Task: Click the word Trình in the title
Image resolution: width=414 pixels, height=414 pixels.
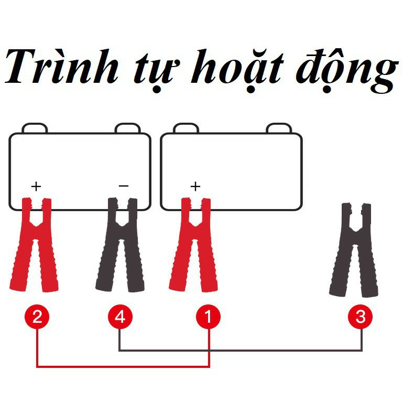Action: pyautogui.click(x=61, y=67)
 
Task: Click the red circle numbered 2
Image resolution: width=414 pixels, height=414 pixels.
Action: pyautogui.click(x=37, y=317)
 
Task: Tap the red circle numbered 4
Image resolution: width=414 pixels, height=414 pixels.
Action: pyautogui.click(x=120, y=317)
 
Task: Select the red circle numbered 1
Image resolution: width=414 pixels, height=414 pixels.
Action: pyautogui.click(x=209, y=317)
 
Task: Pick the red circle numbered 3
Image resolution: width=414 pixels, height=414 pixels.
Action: pyautogui.click(x=361, y=317)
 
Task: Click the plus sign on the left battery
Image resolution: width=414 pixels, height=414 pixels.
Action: pyautogui.click(x=36, y=187)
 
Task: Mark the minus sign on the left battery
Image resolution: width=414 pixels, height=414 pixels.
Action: pyautogui.click(x=124, y=186)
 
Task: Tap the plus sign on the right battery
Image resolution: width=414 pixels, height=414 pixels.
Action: pyautogui.click(x=195, y=187)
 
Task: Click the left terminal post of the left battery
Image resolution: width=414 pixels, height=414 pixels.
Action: pyautogui.click(x=35, y=128)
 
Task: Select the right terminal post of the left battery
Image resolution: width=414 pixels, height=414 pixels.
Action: pyautogui.click(x=127, y=128)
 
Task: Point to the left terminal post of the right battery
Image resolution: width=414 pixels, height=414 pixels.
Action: pyautogui.click(x=186, y=128)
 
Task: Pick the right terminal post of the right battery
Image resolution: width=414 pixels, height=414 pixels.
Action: pyautogui.click(x=279, y=128)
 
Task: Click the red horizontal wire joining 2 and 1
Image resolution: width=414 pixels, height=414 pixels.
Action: pyautogui.click(x=123, y=366)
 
